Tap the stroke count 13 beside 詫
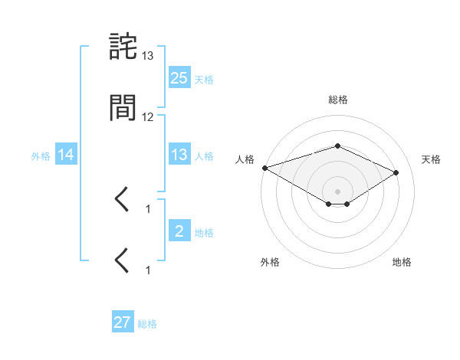[148, 56]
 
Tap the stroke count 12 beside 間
[148, 117]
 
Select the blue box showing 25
[179, 77]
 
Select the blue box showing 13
[179, 155]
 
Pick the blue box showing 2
[179, 231]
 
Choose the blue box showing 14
[66, 155]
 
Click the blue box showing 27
[123, 322]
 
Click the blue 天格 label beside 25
[204, 79]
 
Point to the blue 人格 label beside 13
[204, 155]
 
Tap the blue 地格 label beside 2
[204, 232]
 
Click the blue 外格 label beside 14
[41, 155]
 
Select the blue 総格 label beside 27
[147, 324]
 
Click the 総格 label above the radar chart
[338, 100]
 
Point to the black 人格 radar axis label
[245, 159]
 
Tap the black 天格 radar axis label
[432, 159]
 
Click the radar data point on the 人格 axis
[264, 168]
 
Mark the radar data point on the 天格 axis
[396, 172]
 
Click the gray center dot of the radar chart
[338, 191]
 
